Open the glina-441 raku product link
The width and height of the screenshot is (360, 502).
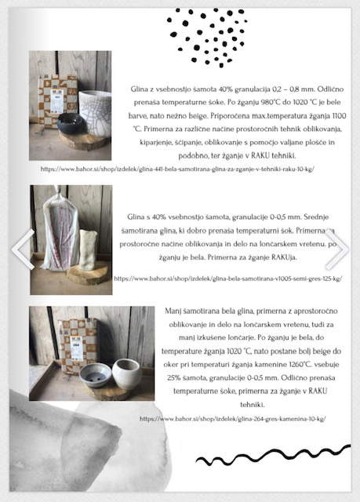(177, 169)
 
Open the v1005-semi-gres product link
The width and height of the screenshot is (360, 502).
(228, 278)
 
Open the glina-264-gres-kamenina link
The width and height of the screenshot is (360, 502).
(233, 419)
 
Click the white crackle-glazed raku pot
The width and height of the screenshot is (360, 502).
(95, 114)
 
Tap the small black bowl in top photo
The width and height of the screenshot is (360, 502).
(71, 122)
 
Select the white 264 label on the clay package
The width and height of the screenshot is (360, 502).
(76, 348)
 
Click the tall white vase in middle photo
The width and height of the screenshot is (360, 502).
(88, 249)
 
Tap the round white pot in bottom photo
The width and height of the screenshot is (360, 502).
(127, 373)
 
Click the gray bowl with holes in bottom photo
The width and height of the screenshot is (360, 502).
(96, 375)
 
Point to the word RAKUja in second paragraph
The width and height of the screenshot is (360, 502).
(284, 257)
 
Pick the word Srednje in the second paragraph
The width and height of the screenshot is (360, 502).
(316, 217)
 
